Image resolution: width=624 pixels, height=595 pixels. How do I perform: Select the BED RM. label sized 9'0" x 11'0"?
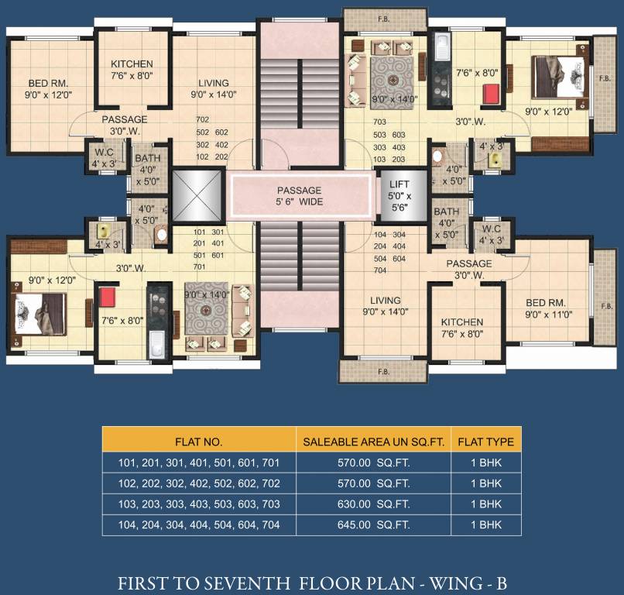coord(547,302)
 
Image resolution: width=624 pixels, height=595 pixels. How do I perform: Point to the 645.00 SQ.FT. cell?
coord(374,525)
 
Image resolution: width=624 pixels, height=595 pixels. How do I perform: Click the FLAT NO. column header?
coord(198,442)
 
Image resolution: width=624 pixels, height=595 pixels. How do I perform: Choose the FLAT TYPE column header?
coord(485,442)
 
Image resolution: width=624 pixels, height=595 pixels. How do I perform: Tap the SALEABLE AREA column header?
coord(374,442)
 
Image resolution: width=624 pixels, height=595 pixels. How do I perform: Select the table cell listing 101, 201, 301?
coord(198,463)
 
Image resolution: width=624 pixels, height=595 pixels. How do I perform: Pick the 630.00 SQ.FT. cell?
coord(374,504)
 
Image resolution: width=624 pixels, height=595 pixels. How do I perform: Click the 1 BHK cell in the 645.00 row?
coord(485,525)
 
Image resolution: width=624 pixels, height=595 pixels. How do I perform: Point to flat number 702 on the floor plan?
coord(203,120)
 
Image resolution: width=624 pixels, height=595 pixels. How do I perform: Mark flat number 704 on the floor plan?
coord(380,271)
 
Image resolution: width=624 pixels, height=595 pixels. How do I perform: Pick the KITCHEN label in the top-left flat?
coord(132,64)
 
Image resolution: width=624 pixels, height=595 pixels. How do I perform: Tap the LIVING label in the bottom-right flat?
coord(385,301)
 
